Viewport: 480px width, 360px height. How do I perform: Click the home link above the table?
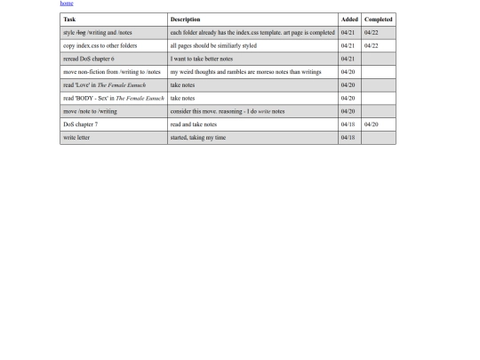coord(67,4)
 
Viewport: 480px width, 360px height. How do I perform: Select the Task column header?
coord(69,19)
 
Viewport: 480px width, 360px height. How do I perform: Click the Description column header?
coord(185,19)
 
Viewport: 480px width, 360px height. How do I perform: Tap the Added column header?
coord(348,19)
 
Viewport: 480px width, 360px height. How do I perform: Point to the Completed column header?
coord(379,19)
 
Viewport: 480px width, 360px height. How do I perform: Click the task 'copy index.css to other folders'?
coord(100,45)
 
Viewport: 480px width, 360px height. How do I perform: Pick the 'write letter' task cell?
coord(76,138)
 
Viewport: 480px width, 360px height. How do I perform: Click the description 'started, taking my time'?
coord(197,138)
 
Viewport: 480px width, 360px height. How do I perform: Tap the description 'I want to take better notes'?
coord(202,59)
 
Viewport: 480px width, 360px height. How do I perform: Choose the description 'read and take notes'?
coord(193,124)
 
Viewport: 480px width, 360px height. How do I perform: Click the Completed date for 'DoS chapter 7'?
coord(372,124)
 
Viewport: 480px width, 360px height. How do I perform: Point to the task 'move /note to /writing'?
coord(90,111)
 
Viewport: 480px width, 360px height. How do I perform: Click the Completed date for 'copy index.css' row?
coord(372,45)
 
